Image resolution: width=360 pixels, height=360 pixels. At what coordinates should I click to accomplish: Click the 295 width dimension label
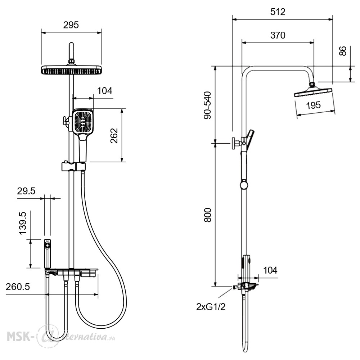click(x=71, y=25)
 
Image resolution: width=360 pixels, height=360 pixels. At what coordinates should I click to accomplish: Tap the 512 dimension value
click(x=278, y=12)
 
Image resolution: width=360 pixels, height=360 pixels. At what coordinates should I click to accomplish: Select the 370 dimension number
click(x=278, y=35)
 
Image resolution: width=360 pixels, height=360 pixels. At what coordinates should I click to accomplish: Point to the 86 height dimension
click(x=343, y=51)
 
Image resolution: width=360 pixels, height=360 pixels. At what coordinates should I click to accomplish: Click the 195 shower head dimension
click(x=314, y=105)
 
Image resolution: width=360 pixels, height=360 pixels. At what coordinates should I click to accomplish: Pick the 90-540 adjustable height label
click(x=208, y=105)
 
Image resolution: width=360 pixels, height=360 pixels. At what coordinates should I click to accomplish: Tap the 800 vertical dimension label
click(x=208, y=215)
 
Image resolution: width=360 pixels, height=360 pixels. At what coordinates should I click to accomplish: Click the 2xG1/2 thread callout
click(x=211, y=307)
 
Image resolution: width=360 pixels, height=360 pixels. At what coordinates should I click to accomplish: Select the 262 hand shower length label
click(x=114, y=136)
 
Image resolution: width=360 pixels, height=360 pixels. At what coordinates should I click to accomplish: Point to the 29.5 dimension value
click(x=26, y=191)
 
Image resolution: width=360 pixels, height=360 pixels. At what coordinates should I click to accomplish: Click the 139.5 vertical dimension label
click(x=23, y=223)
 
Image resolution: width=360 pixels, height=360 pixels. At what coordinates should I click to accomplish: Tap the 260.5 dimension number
click(x=18, y=287)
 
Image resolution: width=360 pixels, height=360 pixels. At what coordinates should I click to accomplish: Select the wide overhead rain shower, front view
click(x=71, y=70)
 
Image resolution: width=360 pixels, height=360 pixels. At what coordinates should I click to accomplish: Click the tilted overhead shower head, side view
click(x=314, y=91)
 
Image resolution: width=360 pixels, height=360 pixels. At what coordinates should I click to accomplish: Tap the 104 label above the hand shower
click(x=105, y=91)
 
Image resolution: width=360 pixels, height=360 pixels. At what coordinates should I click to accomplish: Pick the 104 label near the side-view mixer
click(x=270, y=270)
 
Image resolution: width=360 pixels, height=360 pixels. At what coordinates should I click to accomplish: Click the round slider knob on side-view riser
click(x=244, y=185)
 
